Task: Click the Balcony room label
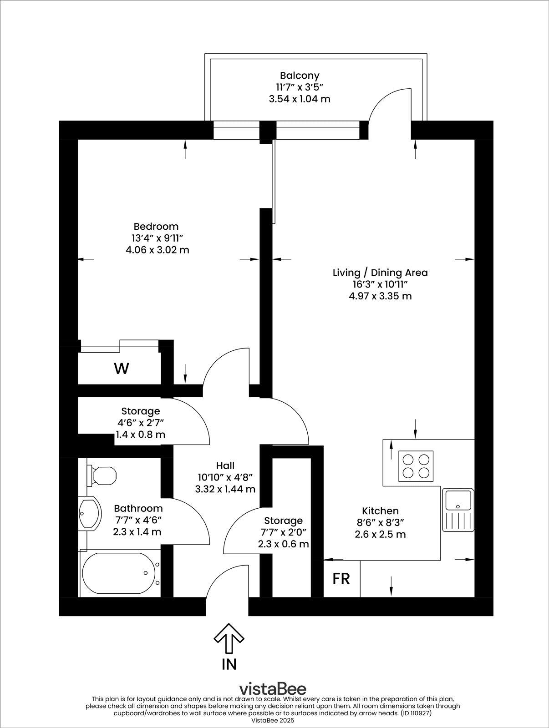click(300, 76)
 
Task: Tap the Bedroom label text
click(156, 226)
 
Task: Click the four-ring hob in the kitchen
click(416, 466)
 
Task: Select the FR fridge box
click(341, 579)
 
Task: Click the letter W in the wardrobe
click(121, 369)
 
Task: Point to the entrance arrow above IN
click(229, 639)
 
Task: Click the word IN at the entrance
click(229, 664)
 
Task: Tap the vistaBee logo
click(273, 688)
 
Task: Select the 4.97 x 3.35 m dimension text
click(380, 296)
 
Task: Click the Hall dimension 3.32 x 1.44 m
click(225, 489)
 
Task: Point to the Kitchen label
click(380, 511)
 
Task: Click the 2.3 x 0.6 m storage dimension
click(283, 544)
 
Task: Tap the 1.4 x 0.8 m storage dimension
click(140, 435)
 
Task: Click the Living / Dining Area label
click(380, 273)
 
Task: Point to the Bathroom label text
click(138, 508)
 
